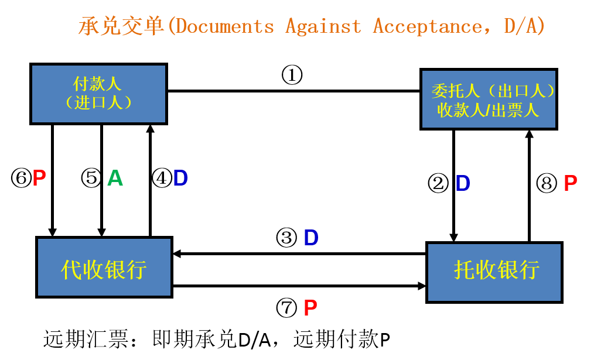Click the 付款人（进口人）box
98,94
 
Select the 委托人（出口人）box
489,99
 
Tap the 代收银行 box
104,267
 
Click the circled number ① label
292,75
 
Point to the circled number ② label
438,184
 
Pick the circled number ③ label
286,238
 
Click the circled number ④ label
161,178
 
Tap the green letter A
115,178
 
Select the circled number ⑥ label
21,178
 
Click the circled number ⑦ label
286,307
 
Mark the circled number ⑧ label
547,184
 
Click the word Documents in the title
225,27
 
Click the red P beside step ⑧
570,184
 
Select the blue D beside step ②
463,184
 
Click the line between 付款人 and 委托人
293,91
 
